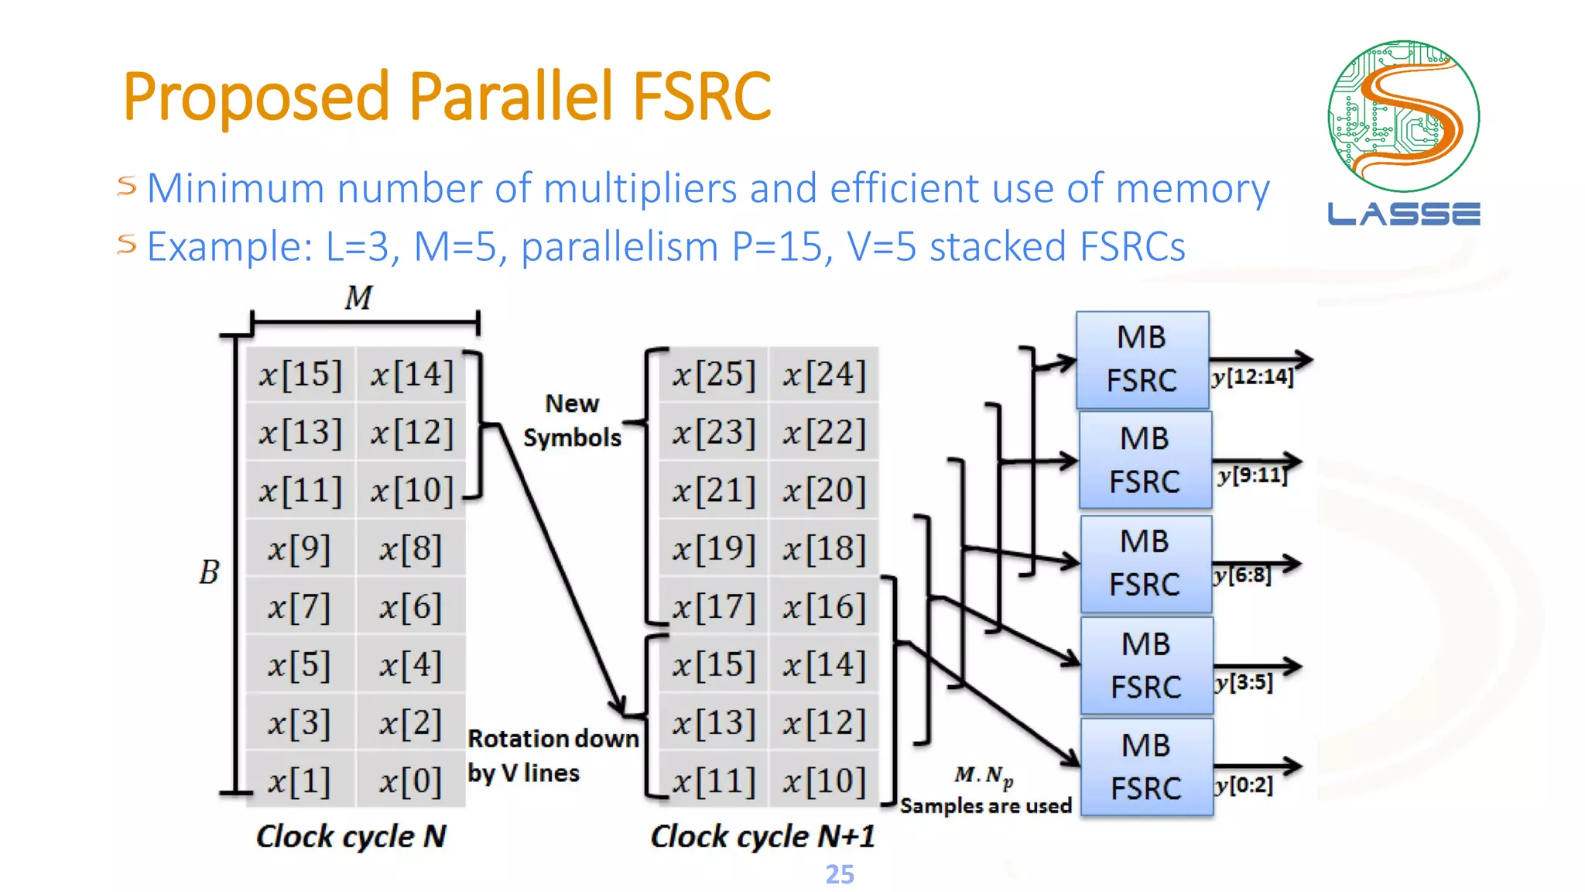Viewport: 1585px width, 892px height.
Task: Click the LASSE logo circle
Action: click(1403, 116)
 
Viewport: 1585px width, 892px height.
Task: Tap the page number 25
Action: click(839, 874)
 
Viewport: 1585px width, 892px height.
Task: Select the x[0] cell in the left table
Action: click(410, 781)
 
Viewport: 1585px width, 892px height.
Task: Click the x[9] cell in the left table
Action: click(300, 549)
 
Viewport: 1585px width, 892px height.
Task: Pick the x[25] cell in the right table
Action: click(713, 375)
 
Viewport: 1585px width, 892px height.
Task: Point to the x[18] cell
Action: click(823, 549)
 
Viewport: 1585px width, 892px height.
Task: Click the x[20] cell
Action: click(823, 491)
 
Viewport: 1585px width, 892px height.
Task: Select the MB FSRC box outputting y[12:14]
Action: click(1142, 360)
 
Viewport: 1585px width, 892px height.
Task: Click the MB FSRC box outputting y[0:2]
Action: click(1146, 767)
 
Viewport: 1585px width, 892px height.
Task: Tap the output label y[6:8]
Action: click(1242, 575)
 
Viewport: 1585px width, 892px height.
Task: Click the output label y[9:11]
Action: click(1251, 475)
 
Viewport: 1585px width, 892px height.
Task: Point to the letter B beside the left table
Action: click(209, 573)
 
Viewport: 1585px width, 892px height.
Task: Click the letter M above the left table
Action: click(358, 297)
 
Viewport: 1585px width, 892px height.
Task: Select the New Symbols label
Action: click(572, 420)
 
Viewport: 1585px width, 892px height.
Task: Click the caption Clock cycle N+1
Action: click(762, 836)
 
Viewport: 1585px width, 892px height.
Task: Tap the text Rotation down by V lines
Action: click(552, 756)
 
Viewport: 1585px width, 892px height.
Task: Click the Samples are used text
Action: click(985, 805)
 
